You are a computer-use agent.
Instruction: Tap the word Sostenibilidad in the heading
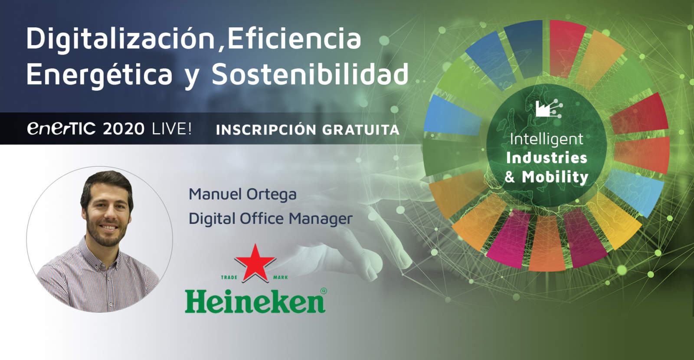(310, 75)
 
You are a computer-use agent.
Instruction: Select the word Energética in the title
(99, 75)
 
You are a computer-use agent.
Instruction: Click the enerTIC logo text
(61, 128)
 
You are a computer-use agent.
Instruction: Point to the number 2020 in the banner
(124, 129)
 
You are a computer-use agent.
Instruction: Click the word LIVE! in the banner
(172, 129)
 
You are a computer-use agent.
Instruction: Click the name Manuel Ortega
(242, 194)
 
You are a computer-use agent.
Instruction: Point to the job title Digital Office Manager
(270, 219)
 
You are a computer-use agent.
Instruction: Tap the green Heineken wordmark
(255, 301)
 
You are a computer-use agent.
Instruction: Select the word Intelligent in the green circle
(546, 139)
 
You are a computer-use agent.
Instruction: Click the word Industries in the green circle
(547, 158)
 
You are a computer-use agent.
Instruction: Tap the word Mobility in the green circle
(555, 177)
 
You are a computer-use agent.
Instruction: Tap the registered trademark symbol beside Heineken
(323, 291)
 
